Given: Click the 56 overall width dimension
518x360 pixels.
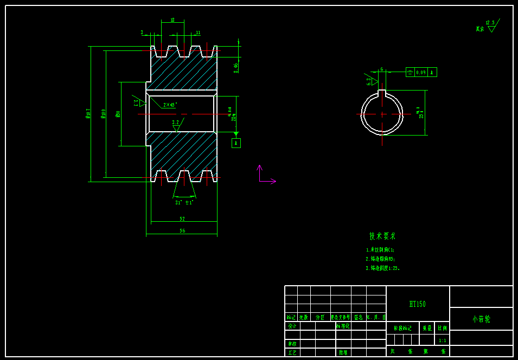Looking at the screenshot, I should [182, 230].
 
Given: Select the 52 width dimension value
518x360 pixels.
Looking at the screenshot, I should [182, 218].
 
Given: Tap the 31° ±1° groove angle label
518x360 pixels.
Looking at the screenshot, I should [184, 202].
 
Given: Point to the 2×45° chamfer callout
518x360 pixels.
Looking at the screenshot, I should [170, 105].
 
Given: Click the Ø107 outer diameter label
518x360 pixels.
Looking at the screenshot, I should [88, 113].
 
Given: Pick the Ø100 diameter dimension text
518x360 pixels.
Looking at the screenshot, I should [104, 113].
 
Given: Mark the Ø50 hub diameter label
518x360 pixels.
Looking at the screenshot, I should [118, 113].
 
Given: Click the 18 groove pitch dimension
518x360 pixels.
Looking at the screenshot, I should [172, 20].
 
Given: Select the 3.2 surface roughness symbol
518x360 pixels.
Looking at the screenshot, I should [176, 125].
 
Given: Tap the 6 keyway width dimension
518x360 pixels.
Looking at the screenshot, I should [382, 69].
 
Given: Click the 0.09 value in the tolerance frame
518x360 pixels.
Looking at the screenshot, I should [421, 72].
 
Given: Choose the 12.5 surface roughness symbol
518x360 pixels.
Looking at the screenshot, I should [491, 25].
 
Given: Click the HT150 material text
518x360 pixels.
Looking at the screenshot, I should [417, 304].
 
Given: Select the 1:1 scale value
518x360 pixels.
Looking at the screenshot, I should [442, 340].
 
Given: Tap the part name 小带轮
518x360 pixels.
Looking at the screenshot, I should [481, 319].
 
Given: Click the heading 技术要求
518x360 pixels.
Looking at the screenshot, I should [382, 236].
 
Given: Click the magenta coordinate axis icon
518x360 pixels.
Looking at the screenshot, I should [264, 176].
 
